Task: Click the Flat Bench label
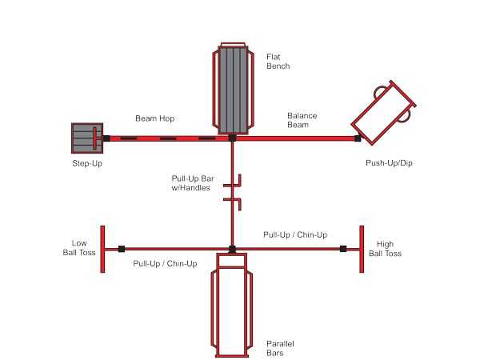[x=278, y=61]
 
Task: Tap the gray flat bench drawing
[x=232, y=90]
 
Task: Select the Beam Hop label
[x=154, y=118]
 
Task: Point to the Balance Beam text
[x=302, y=120]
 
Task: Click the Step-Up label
[x=87, y=163]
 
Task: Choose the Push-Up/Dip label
[x=389, y=163]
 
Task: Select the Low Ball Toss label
[x=80, y=247]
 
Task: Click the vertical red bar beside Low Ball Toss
[x=103, y=248]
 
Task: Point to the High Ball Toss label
[x=385, y=248]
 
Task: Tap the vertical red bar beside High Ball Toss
[x=362, y=248]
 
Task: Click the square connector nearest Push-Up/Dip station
[x=358, y=139]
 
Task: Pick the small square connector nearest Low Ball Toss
[x=122, y=248]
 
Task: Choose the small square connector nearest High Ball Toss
[x=342, y=248]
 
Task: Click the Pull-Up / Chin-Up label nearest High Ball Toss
[x=295, y=235]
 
